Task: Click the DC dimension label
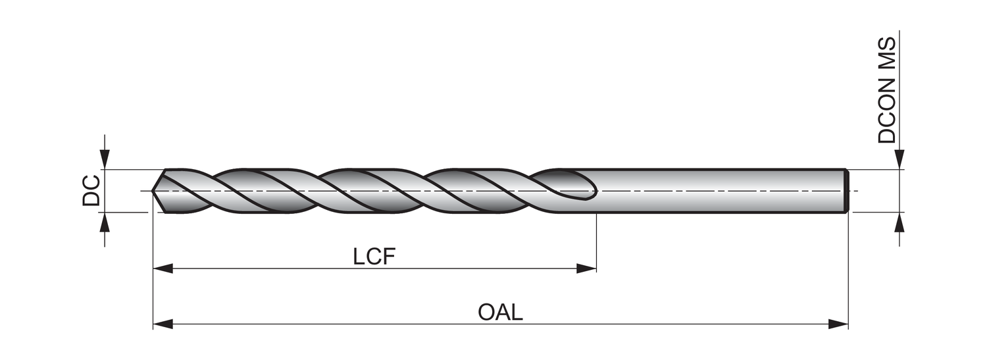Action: tap(91, 191)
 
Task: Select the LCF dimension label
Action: tap(374, 257)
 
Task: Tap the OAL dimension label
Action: tap(500, 313)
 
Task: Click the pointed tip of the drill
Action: tap(154, 191)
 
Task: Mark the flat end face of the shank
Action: tap(847, 191)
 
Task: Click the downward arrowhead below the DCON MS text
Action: tap(899, 160)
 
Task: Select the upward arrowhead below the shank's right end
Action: tap(899, 222)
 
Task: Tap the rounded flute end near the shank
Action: tap(590, 191)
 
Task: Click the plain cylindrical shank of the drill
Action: tap(717, 191)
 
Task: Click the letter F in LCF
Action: tap(389, 257)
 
